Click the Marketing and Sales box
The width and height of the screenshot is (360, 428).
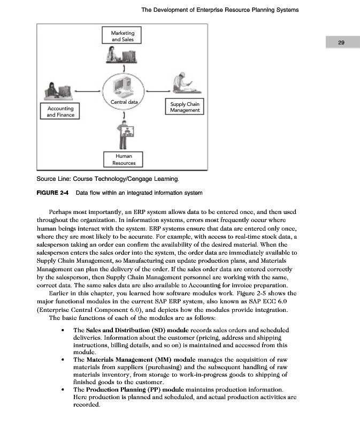pos(123,36)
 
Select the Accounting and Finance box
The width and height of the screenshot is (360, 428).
pos(60,111)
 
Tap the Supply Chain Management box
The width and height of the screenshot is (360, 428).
pos(185,106)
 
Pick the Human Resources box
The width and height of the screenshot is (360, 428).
pos(123,159)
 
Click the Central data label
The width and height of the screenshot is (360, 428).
pos(124,102)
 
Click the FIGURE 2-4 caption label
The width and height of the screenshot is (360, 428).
pos(54,192)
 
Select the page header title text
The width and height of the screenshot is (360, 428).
pos(220,10)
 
